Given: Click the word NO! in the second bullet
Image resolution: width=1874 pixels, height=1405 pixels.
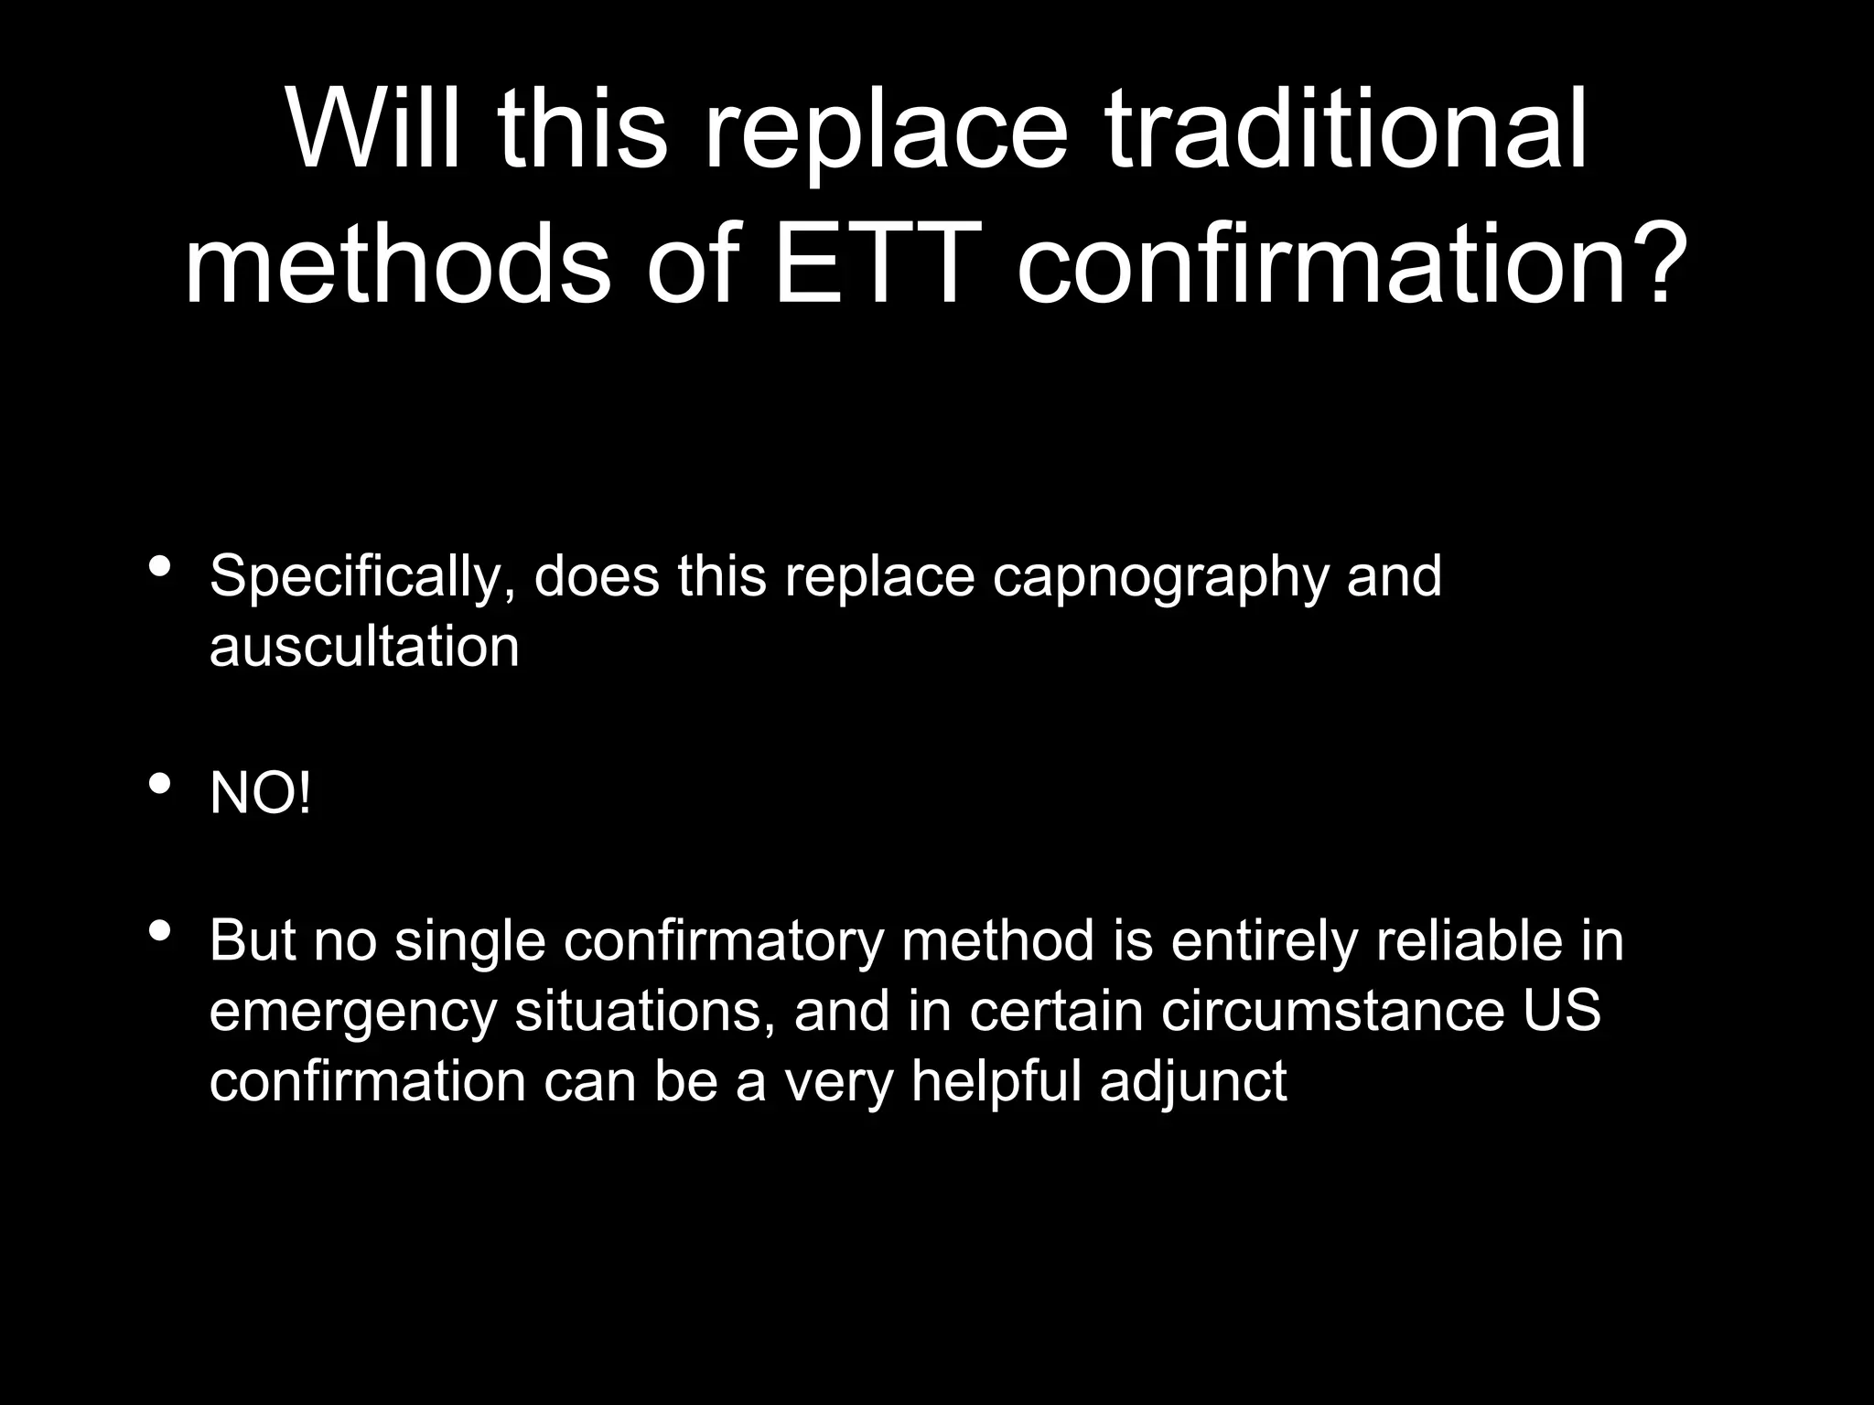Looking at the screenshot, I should pyautogui.click(x=260, y=793).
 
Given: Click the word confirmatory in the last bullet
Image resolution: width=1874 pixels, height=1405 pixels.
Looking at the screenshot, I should pyautogui.click(x=724, y=941).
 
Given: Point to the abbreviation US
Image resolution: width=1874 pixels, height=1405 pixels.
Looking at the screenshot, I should pyautogui.click(x=1562, y=1012).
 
